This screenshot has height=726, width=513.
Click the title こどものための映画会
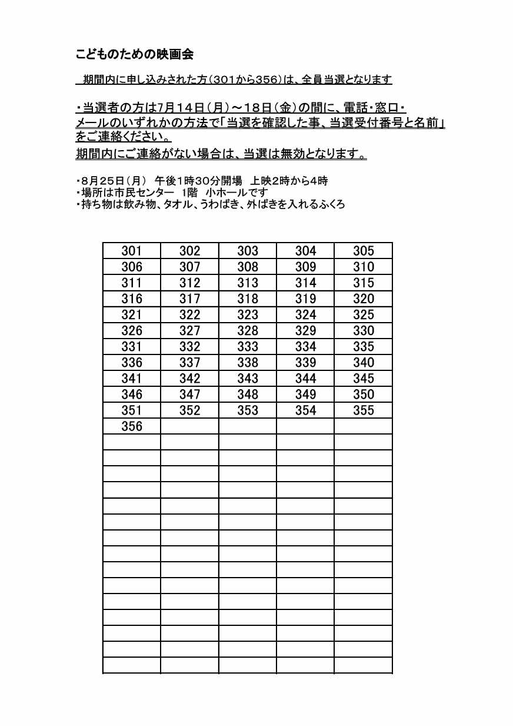click(135, 55)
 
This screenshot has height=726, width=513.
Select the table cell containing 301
click(132, 251)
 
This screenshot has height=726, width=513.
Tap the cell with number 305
click(364, 251)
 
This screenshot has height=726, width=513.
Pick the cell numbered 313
click(248, 283)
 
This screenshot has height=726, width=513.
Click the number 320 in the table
click(364, 299)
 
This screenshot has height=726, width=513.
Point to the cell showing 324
click(305, 314)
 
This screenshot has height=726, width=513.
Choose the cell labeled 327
click(189, 330)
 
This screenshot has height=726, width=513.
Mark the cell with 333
click(248, 346)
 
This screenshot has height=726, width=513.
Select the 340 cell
click(364, 362)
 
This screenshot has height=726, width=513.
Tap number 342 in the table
click(189, 378)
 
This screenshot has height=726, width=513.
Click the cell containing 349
click(305, 394)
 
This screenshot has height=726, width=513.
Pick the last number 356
click(132, 426)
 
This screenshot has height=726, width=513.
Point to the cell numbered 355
click(364, 410)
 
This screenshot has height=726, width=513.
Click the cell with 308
click(248, 267)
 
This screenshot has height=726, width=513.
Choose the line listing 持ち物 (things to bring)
click(210, 204)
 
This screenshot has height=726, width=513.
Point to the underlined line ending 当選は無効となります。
click(221, 154)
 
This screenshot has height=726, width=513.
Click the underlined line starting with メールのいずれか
click(259, 124)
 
